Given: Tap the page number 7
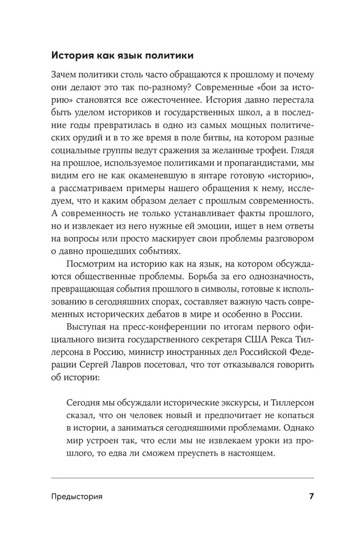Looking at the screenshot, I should (311, 496).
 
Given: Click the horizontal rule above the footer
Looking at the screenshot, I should (183, 477).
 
